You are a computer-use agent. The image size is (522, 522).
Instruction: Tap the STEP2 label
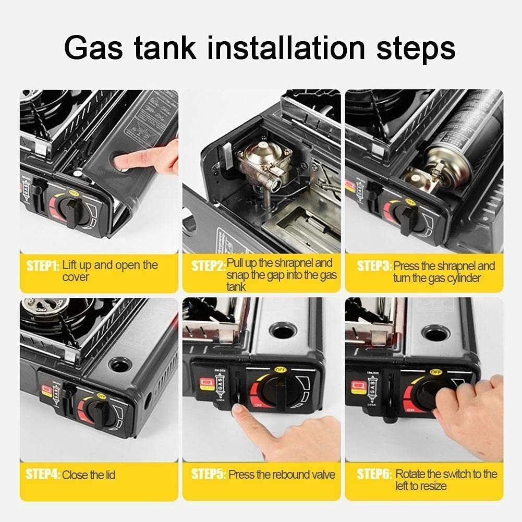click(x=208, y=266)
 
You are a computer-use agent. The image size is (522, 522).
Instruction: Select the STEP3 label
click(x=374, y=266)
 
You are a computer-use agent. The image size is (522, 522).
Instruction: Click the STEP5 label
click(x=208, y=475)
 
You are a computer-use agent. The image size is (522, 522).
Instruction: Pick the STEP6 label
click(x=374, y=475)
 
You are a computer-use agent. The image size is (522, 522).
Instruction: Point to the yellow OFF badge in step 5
click(x=278, y=370)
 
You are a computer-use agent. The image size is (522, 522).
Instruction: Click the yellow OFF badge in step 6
click(x=435, y=371)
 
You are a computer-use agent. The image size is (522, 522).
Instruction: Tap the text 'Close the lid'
click(x=89, y=475)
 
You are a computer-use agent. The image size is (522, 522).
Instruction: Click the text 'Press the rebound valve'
click(x=282, y=475)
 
